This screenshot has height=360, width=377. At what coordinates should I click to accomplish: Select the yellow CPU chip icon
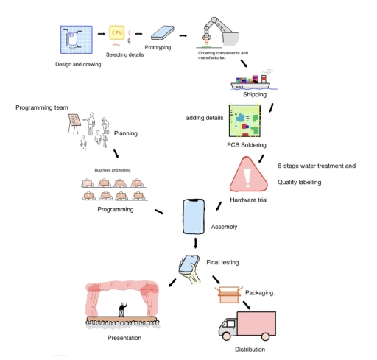(116, 34)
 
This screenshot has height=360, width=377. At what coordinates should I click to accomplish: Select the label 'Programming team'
(42, 107)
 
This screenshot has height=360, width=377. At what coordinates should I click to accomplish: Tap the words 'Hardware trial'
(248, 200)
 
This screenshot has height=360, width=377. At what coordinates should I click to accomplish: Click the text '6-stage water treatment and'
(317, 166)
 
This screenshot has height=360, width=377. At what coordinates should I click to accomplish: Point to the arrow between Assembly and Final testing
(196, 242)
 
